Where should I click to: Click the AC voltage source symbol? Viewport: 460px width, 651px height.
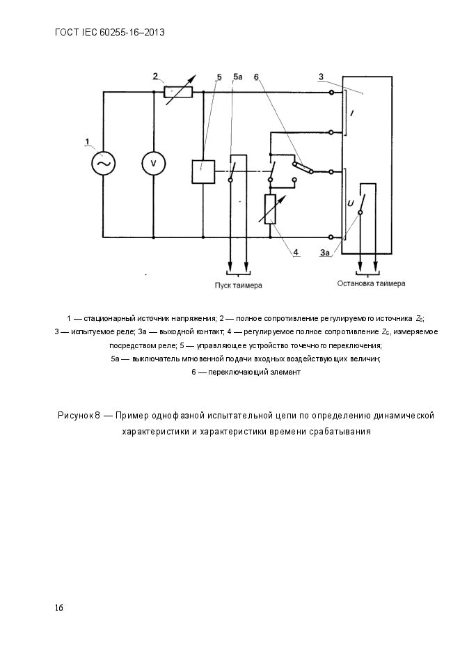(x=103, y=163)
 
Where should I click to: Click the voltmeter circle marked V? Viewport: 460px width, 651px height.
(x=154, y=163)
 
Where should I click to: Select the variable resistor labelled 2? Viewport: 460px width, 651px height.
(x=178, y=92)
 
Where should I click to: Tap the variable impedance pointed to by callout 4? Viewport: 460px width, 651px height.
(x=270, y=210)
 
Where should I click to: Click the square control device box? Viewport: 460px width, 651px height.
(x=203, y=171)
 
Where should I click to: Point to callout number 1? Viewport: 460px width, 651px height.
(x=87, y=142)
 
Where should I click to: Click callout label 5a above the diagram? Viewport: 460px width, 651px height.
(x=238, y=77)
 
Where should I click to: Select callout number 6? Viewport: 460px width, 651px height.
(x=256, y=77)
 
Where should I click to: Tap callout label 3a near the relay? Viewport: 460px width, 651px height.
(x=325, y=252)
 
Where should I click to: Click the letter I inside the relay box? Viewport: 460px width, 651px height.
(x=351, y=113)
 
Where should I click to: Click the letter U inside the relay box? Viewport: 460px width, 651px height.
(x=351, y=203)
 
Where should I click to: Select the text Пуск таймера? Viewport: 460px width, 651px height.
(x=238, y=285)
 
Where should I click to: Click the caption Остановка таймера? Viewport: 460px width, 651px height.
(x=371, y=283)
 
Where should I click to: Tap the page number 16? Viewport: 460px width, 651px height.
(x=59, y=608)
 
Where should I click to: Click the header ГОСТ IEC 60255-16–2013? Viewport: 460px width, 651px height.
(x=109, y=33)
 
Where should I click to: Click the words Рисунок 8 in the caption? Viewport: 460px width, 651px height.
(x=79, y=416)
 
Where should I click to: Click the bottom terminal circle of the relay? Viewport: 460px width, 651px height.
(x=331, y=237)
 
